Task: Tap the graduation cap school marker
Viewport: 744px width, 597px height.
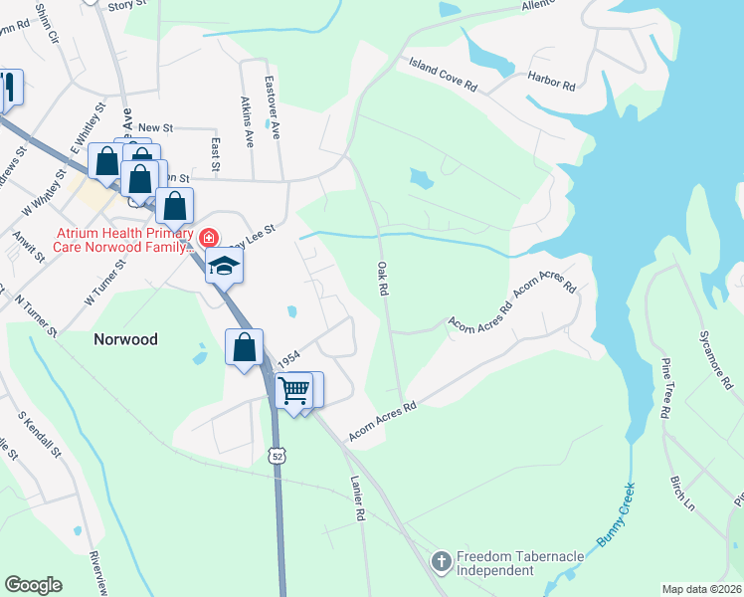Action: click(224, 266)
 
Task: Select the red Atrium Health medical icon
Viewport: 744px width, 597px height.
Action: click(208, 238)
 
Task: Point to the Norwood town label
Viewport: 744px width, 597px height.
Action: click(125, 339)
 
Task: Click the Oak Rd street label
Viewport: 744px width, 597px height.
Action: click(381, 279)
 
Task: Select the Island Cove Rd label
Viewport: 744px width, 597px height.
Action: click(444, 75)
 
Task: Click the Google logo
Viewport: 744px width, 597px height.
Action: click(33, 585)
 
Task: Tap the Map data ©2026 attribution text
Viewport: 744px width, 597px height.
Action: click(701, 589)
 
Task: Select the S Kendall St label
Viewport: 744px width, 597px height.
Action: click(40, 435)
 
